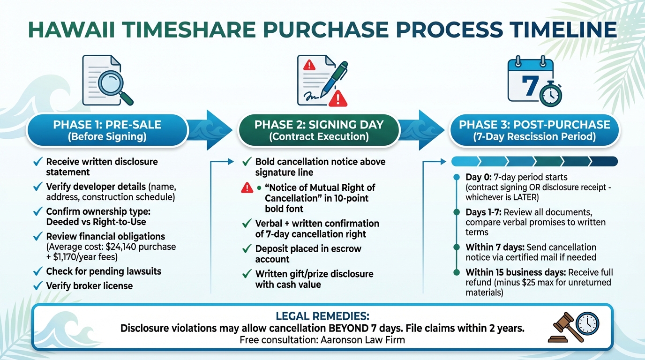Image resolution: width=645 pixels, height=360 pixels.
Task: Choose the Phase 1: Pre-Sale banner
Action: [x=107, y=130]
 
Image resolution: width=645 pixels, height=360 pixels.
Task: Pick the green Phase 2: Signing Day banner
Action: [x=319, y=130]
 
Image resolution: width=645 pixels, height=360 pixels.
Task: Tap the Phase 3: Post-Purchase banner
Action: [x=534, y=130]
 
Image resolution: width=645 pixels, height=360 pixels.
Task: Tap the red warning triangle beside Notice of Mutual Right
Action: [x=247, y=188]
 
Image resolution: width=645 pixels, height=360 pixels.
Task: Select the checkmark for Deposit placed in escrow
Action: [x=247, y=249]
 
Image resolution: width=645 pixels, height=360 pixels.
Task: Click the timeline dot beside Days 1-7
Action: [x=457, y=212]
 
